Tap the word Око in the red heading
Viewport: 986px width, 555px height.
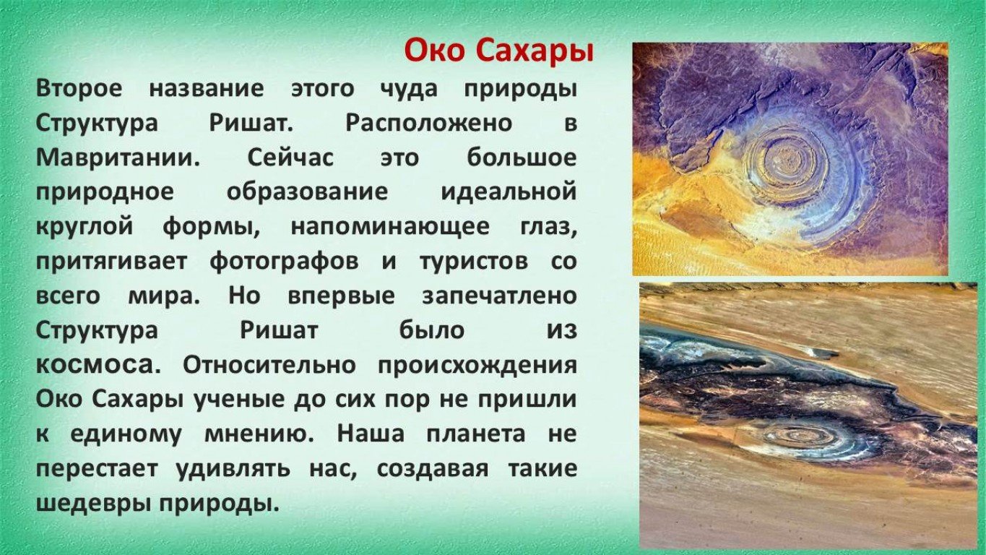pos(435,51)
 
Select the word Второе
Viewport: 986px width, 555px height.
pos(79,88)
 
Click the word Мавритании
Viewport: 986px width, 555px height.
pos(118,158)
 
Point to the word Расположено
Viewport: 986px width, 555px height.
pos(429,123)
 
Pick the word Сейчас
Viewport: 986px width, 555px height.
pos(290,158)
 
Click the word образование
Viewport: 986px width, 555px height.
pos(307,192)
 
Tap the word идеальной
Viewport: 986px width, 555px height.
pos(509,192)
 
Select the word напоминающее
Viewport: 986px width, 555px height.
pos(391,227)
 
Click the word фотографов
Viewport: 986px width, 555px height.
pos(284,261)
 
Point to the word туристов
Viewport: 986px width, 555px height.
pos(474,262)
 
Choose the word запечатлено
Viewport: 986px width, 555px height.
pos(500,296)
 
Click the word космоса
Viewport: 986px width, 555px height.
pos(98,366)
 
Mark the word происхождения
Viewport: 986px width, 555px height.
pos(477,366)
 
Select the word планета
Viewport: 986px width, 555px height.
pos(476,434)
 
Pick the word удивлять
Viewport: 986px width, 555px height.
pos(233,469)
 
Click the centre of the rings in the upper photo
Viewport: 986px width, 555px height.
pos(789,162)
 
